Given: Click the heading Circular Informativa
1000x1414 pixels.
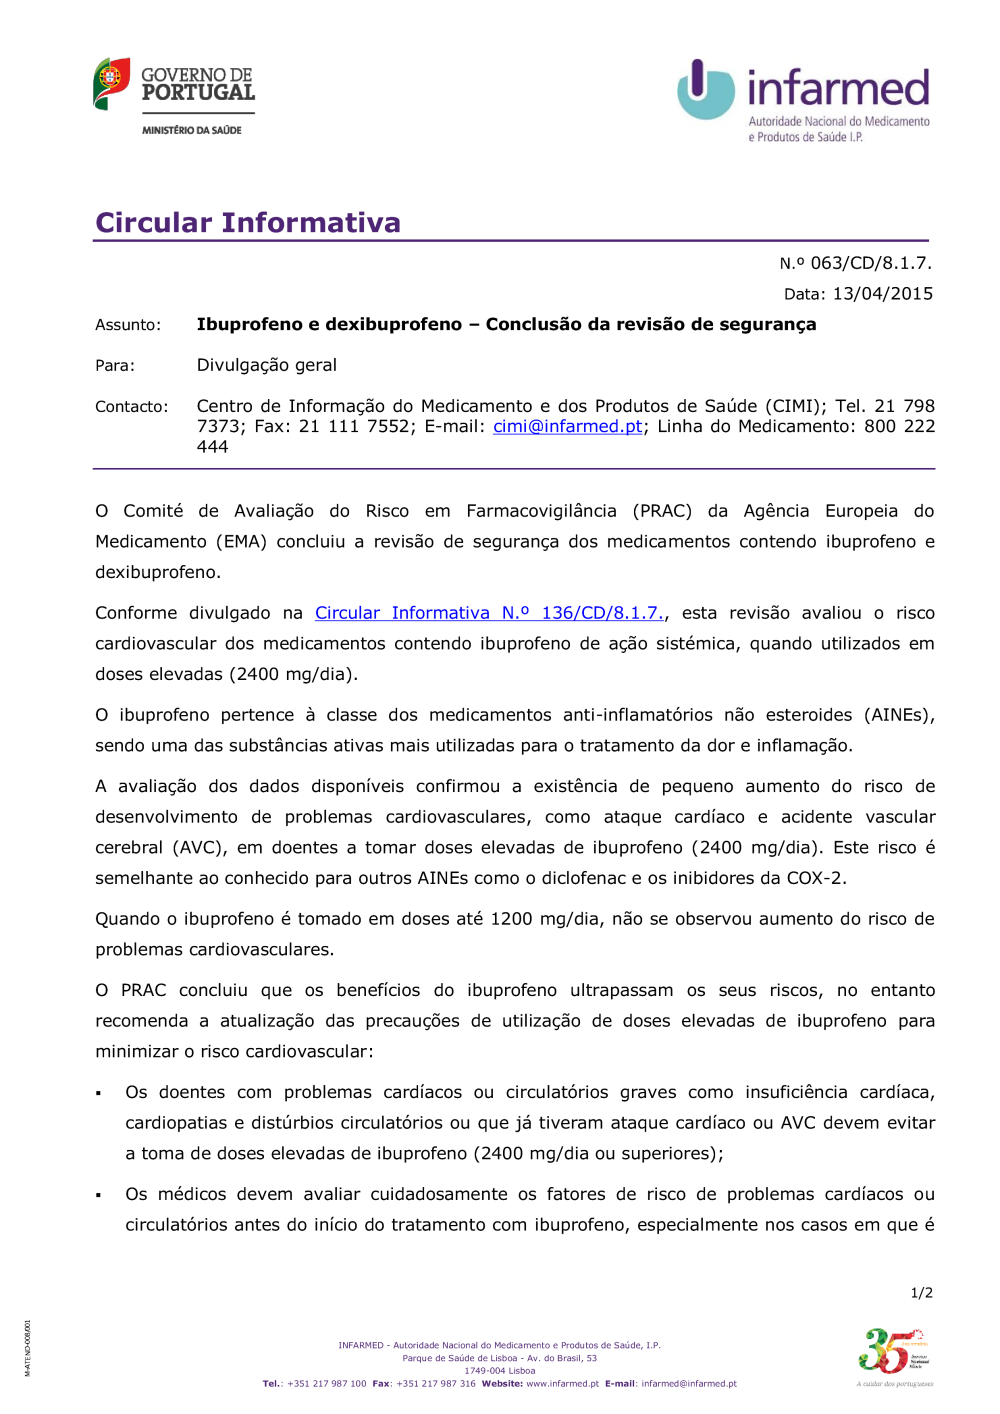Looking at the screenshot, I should click(247, 222).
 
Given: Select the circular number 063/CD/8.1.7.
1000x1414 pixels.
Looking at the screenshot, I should click(870, 263).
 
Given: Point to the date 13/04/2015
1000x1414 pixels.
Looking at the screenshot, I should click(882, 294).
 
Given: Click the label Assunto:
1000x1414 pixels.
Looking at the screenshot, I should click(127, 325).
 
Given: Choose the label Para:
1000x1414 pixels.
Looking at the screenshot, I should click(115, 366).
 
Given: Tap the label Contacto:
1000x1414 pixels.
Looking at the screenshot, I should click(131, 407).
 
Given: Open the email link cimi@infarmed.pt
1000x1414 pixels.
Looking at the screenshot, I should click(567, 427).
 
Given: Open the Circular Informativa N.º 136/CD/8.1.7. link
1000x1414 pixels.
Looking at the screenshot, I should click(489, 613).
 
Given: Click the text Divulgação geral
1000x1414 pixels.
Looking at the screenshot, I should click(266, 365).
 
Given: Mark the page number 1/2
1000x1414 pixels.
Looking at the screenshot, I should click(921, 1293).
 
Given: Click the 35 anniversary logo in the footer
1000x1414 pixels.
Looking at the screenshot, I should click(893, 1353).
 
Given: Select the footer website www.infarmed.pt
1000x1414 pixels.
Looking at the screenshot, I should click(562, 1384).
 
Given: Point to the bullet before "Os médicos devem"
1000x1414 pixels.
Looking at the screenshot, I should click(99, 1196).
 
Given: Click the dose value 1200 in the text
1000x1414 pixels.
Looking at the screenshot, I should click(511, 919).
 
